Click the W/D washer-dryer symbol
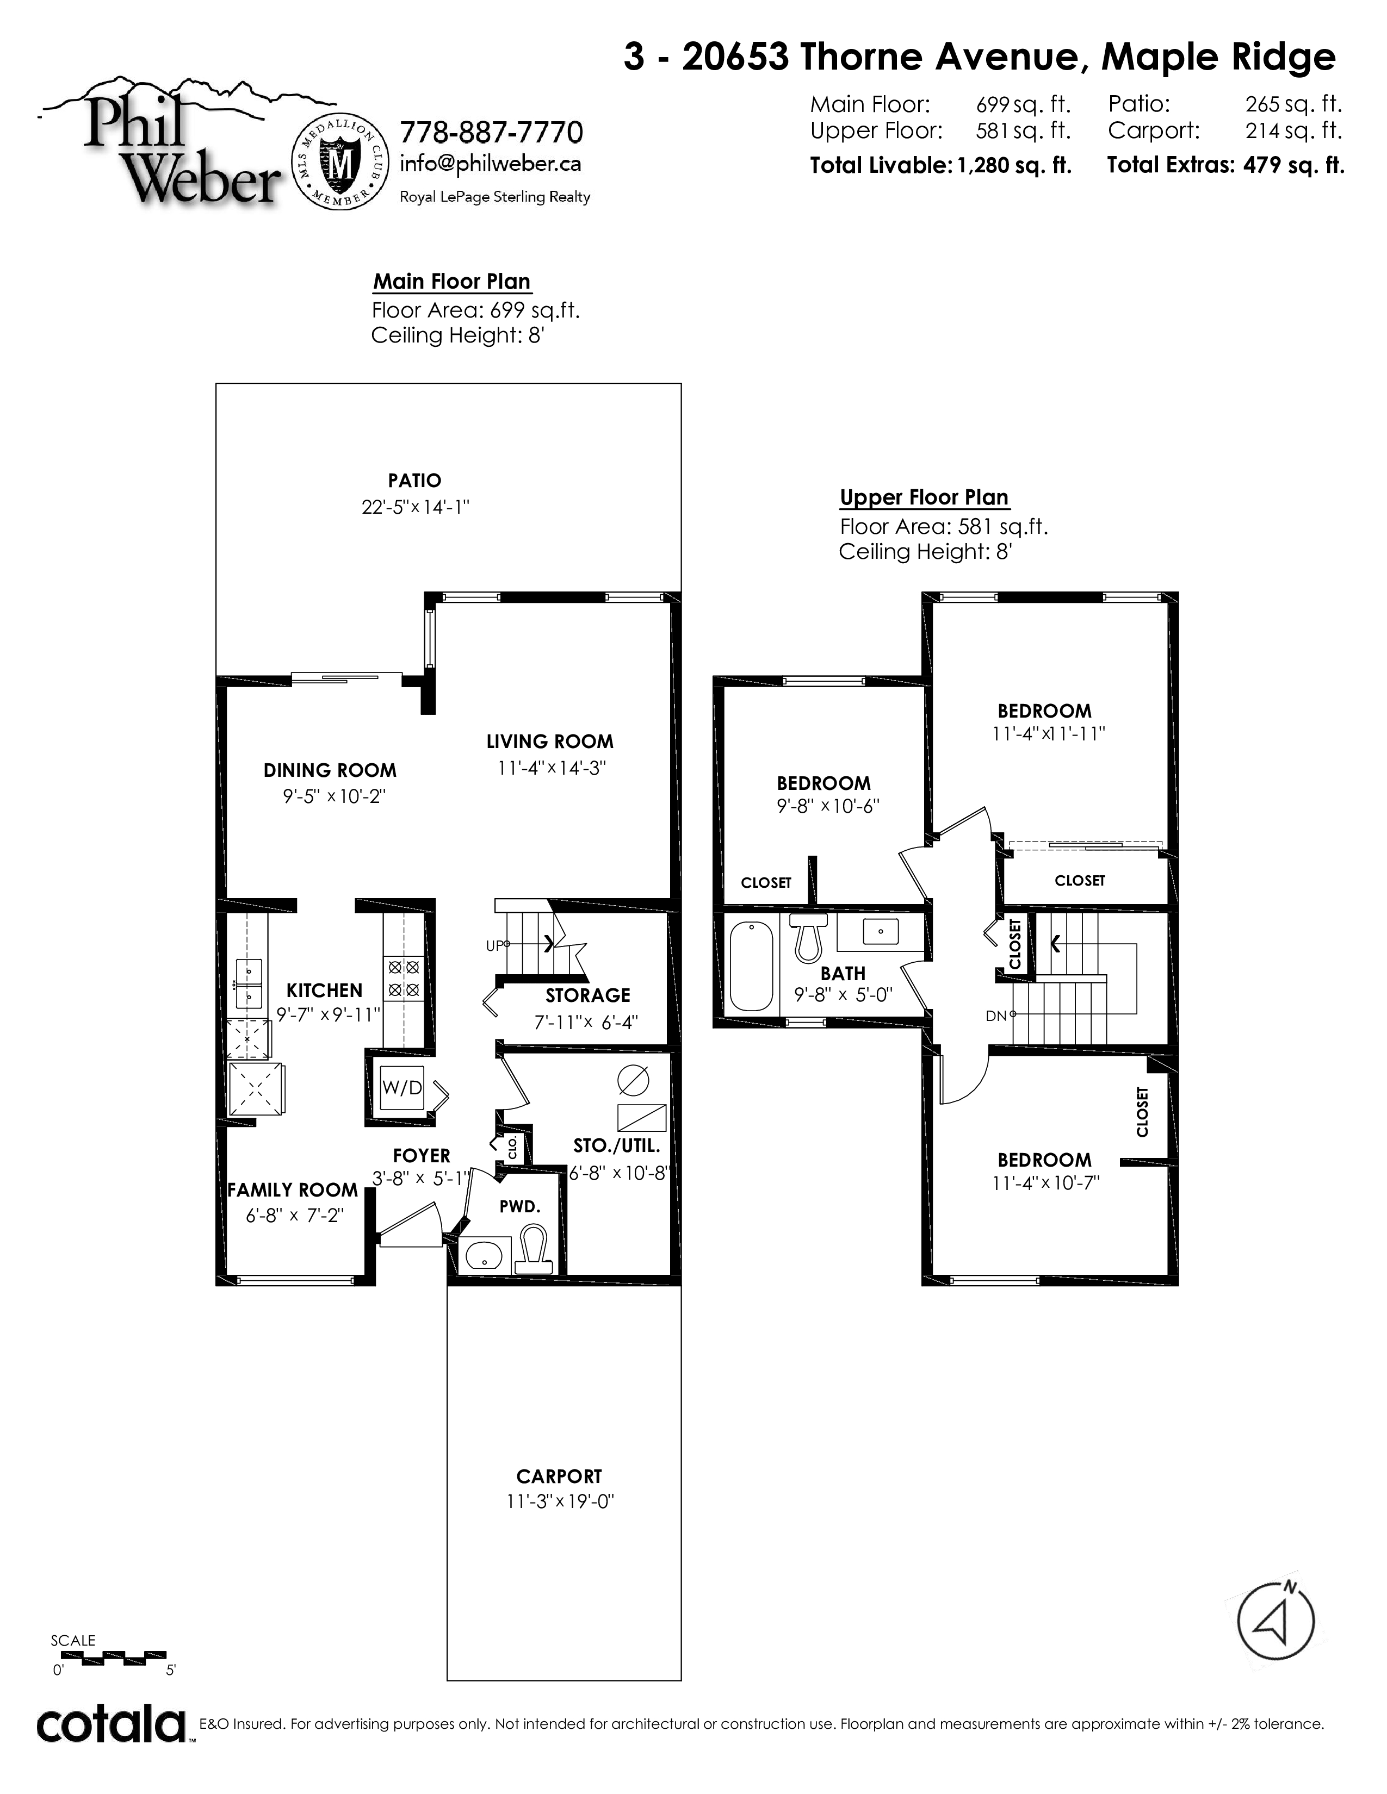click(402, 1088)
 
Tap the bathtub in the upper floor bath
click(752, 965)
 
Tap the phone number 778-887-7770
click(491, 132)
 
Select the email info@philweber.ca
click(491, 164)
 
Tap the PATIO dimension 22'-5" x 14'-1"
click(415, 507)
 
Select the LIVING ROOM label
click(550, 742)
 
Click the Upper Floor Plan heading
click(924, 498)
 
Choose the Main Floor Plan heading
click(452, 282)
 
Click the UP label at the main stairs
click(494, 945)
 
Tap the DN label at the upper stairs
click(996, 1016)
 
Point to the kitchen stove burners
click(404, 979)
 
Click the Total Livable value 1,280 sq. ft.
click(1014, 165)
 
